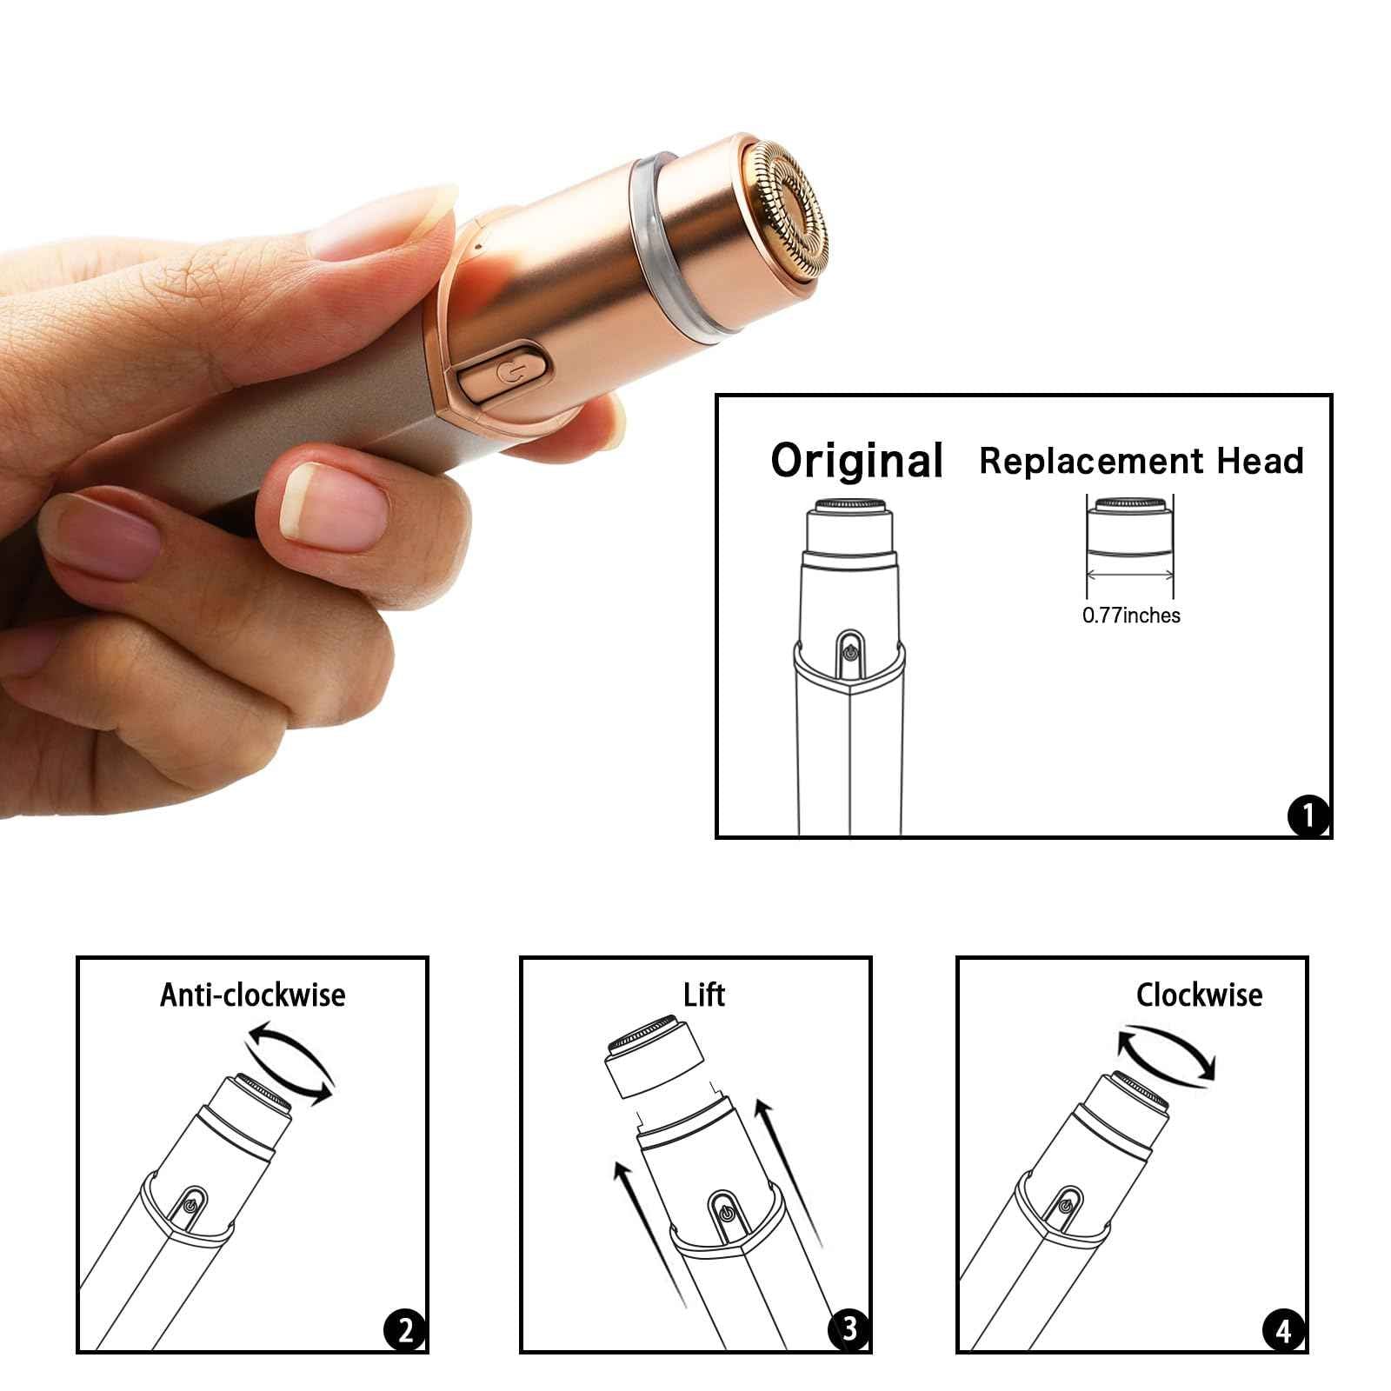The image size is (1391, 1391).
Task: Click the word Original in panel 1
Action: (x=856, y=461)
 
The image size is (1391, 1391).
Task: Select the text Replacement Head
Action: (x=1141, y=461)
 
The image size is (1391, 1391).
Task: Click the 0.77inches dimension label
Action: (x=1131, y=616)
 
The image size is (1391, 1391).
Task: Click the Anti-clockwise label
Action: (x=252, y=995)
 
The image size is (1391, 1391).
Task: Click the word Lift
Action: (x=703, y=995)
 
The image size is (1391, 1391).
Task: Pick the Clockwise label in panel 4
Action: (x=1199, y=995)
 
